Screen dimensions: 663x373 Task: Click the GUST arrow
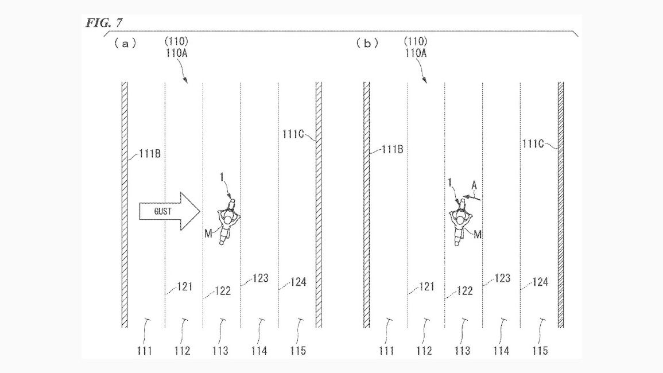pyautogui.click(x=169, y=211)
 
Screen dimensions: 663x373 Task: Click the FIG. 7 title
pyautogui.click(x=104, y=23)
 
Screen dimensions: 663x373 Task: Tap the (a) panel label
pyautogui.click(x=125, y=43)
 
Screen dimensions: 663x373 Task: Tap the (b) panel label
pyautogui.click(x=367, y=43)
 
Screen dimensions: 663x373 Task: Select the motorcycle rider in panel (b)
pyautogui.click(x=460, y=222)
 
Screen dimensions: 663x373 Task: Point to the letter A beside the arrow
pyautogui.click(x=474, y=185)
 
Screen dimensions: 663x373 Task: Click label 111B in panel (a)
pyautogui.click(x=150, y=154)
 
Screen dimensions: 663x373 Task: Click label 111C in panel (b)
pyautogui.click(x=533, y=144)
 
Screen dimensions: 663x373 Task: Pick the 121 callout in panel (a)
pyautogui.click(x=185, y=287)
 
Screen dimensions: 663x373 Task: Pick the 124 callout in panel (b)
pyautogui.click(x=540, y=282)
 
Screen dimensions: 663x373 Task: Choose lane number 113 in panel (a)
pyautogui.click(x=220, y=351)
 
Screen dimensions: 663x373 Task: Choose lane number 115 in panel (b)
pyautogui.click(x=540, y=351)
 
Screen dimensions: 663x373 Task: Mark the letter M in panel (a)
pyautogui.click(x=208, y=234)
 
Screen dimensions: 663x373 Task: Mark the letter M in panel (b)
pyautogui.click(x=478, y=234)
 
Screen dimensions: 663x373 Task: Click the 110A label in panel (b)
pyautogui.click(x=416, y=53)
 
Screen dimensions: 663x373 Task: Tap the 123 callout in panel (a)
pyautogui.click(x=261, y=278)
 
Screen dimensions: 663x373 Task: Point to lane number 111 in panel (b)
pyautogui.click(x=386, y=351)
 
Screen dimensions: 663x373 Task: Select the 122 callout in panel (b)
pyautogui.click(x=465, y=290)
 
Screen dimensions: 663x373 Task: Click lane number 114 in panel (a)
pyautogui.click(x=259, y=351)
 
